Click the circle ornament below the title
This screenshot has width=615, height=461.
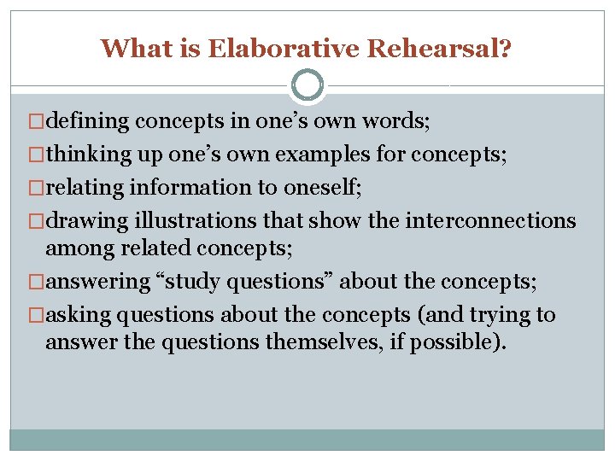pos(307,85)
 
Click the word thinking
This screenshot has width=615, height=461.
pos(85,155)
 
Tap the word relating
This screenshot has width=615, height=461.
pos(83,188)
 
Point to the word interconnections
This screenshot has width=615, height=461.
pos(492,220)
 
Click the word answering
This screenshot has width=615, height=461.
pos(97,282)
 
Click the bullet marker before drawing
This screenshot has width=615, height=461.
pos(38,220)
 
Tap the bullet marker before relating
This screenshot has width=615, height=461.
pos(38,188)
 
